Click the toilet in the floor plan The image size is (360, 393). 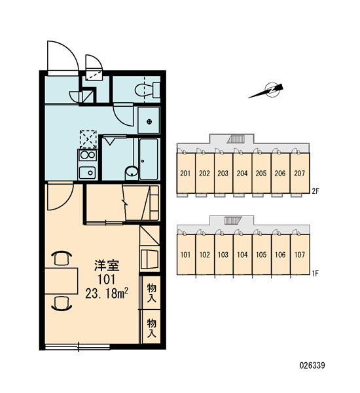click(x=147, y=90)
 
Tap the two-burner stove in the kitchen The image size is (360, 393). click(x=88, y=155)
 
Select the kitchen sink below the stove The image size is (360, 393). click(x=88, y=172)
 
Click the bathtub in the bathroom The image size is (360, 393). click(x=149, y=159)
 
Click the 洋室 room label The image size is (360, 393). click(x=107, y=266)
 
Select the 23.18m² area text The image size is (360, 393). click(x=107, y=293)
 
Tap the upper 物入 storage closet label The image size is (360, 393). click(x=152, y=293)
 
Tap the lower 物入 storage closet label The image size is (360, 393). click(x=152, y=328)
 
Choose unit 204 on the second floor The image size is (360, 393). click(x=242, y=173)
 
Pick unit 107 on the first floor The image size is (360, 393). click(x=300, y=255)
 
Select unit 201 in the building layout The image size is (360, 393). click(x=186, y=173)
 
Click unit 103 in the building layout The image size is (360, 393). click(x=223, y=255)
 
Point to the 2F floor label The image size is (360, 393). click(x=315, y=191)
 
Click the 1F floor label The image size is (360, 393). click(x=315, y=273)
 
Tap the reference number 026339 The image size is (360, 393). click(x=312, y=365)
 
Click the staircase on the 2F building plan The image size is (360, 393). click(x=236, y=139)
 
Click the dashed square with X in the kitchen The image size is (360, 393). click(x=88, y=139)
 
